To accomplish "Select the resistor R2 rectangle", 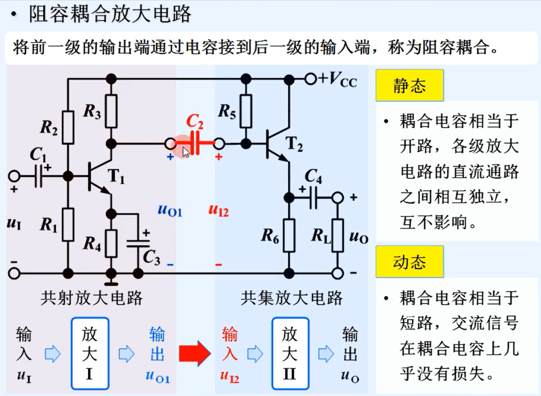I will [68, 127].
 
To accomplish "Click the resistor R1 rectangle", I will [68, 224].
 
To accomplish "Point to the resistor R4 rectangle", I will [112, 243].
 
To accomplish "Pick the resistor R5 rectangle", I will [245, 111].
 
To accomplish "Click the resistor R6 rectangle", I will [289, 235].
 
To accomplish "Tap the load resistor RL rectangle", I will [338, 235].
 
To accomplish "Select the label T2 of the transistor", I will [294, 146].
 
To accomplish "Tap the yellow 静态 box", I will [409, 86].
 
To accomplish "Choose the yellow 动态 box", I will [409, 261].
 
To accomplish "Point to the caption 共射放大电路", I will [92, 298].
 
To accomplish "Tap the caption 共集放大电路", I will [292, 298].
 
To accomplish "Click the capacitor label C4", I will [313, 176].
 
